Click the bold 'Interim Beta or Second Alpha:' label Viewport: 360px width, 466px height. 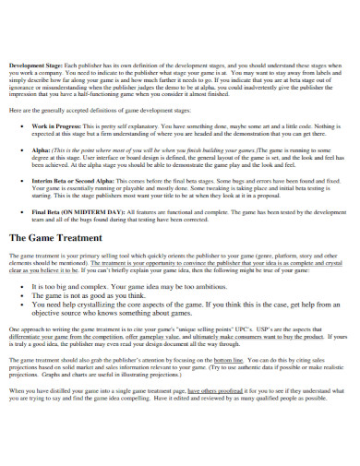point(75,183)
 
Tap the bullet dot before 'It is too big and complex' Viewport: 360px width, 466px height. point(22,286)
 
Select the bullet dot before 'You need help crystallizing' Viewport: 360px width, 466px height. point(22,304)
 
